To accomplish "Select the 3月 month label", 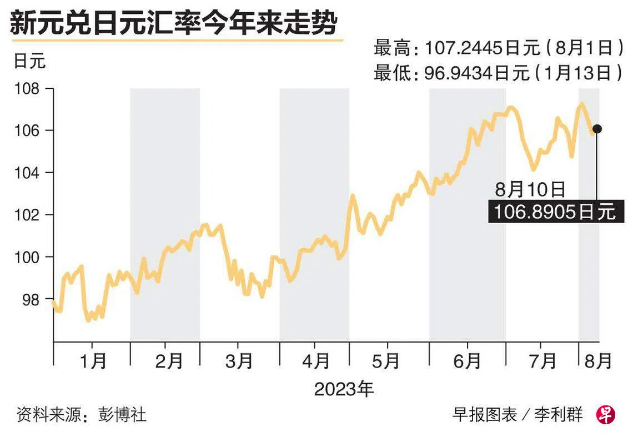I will pos(239,361).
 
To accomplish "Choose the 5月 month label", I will pos(389,361).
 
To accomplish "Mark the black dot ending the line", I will pos(597,129).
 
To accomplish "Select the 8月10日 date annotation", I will pos(530,190).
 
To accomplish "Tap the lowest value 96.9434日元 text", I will pos(477,72).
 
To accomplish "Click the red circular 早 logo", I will pos(606,414).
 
